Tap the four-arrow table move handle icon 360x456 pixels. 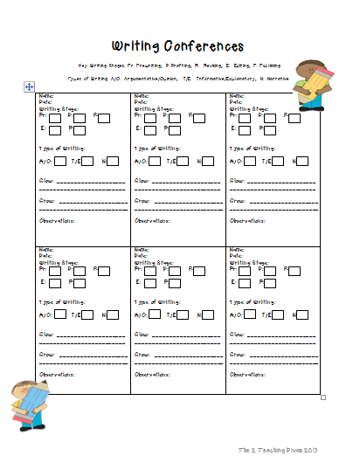point(29,86)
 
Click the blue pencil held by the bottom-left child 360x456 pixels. point(31,405)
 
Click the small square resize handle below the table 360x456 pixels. point(323,397)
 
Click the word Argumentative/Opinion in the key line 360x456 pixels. point(160,77)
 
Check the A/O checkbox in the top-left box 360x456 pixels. point(59,161)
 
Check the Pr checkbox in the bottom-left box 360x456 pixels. point(56,270)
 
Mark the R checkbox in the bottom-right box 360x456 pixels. point(292,270)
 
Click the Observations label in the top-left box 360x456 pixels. point(57,219)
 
